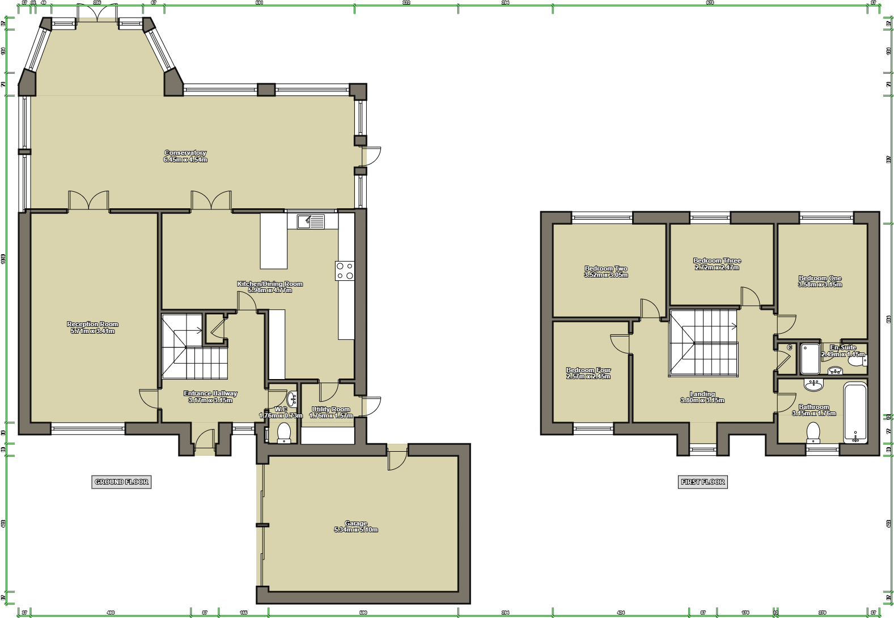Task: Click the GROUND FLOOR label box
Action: pos(121,482)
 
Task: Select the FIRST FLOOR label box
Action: pos(702,482)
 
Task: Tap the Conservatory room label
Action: pos(185,156)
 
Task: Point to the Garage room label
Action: pos(356,527)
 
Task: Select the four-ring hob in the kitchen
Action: pos(345,271)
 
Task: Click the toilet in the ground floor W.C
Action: pos(284,432)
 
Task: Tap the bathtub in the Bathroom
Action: pos(855,413)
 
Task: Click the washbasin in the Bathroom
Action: pos(814,385)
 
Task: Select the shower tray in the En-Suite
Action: pos(810,359)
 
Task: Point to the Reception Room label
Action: pos(92,327)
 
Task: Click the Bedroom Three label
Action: pos(717,264)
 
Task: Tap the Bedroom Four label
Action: pos(588,373)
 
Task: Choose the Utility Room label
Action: pos(331,412)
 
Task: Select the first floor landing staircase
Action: pos(704,343)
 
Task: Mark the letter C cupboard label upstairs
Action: pos(789,348)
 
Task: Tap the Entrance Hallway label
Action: pos(210,397)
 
